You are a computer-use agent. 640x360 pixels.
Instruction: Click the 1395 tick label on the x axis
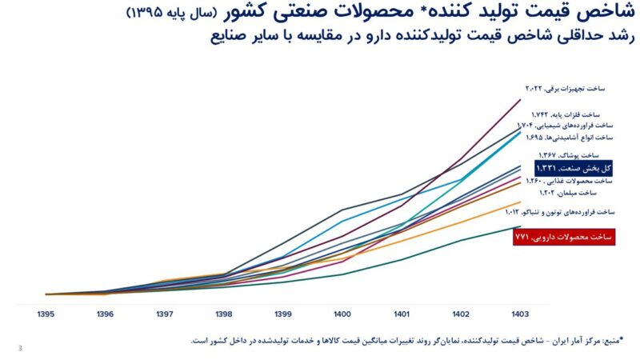[46, 314]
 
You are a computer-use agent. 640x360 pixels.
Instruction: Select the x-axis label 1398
[223, 314]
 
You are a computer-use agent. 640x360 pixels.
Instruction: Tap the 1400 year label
[342, 314]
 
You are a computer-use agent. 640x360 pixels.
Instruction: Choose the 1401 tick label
[402, 314]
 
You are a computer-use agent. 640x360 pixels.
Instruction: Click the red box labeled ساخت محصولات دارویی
[564, 237]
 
